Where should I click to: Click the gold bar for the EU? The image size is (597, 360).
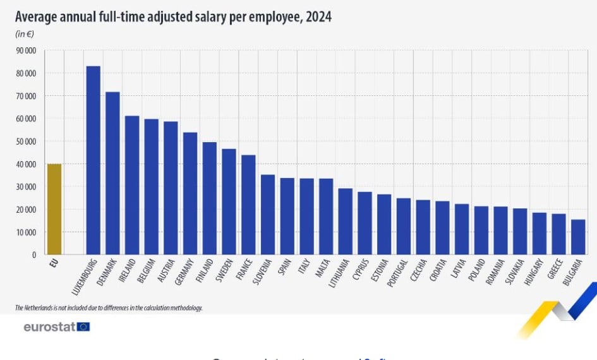(x=54, y=209)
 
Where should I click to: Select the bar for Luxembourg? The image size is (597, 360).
(x=93, y=160)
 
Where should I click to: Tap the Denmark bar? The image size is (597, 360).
(x=112, y=173)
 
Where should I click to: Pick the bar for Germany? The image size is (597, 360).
(x=190, y=193)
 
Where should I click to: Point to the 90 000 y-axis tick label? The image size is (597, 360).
(x=26, y=51)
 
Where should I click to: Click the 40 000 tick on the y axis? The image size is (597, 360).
(x=26, y=164)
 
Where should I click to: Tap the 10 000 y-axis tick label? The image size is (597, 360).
(x=26, y=232)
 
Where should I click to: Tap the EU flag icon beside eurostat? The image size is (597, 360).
(x=83, y=327)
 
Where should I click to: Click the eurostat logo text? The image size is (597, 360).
(x=49, y=327)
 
